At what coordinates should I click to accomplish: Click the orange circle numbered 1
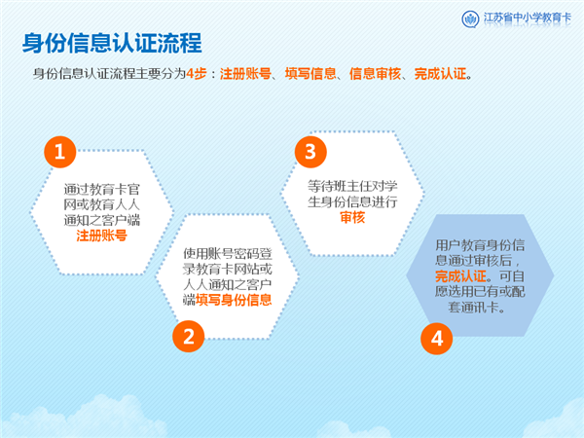[60, 152]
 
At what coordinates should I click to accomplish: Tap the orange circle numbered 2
[189, 337]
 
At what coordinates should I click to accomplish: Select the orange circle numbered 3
[310, 152]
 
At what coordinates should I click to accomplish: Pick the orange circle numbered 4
[436, 339]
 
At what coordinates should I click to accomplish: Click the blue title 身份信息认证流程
[112, 43]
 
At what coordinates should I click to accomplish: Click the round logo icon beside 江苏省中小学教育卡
[470, 18]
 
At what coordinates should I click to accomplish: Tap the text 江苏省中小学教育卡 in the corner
[527, 18]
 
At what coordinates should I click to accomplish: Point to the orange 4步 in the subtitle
[197, 74]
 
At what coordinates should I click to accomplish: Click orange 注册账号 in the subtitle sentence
[245, 74]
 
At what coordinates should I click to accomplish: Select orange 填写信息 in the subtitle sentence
[310, 74]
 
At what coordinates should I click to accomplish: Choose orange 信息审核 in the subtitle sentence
[375, 74]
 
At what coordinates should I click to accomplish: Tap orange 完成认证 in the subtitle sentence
[440, 74]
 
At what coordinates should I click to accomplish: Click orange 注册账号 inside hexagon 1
[101, 236]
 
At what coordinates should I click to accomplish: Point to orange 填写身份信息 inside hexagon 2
[234, 300]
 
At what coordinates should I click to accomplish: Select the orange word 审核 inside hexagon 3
[352, 217]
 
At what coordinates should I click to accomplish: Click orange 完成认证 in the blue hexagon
[460, 276]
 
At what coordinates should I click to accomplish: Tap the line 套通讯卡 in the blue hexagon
[476, 308]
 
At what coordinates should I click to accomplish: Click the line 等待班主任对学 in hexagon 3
[352, 186]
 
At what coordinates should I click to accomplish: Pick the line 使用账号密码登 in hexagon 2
[227, 254]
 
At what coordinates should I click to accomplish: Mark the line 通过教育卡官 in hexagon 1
[101, 189]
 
